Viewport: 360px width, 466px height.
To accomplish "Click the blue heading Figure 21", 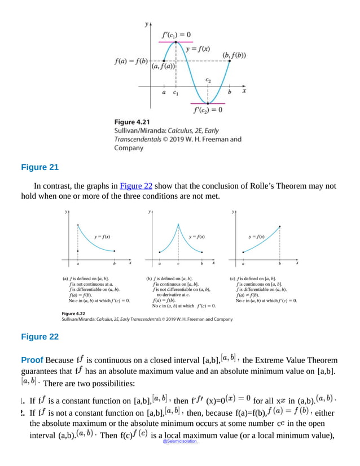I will (39, 167).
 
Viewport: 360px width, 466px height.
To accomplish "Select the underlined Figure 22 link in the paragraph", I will (133, 186).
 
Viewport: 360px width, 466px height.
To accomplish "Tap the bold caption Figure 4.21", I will (132, 122).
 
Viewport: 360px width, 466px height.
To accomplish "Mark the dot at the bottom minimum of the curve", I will (208, 103).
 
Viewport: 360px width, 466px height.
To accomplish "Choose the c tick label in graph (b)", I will (178, 264).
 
